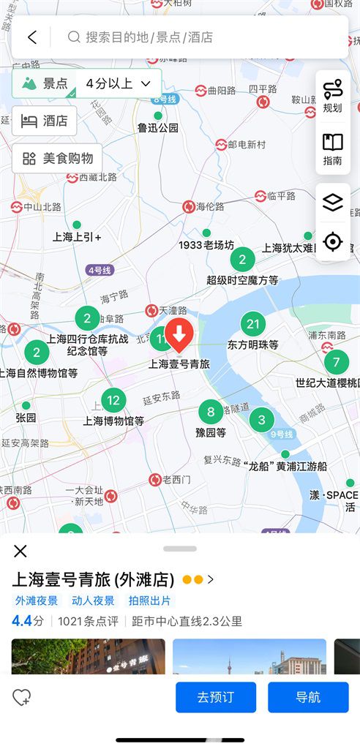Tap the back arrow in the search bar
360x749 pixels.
[x=31, y=37]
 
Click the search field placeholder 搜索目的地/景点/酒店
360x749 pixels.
[x=149, y=37]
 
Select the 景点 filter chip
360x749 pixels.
[x=45, y=83]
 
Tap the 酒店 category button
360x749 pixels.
[x=45, y=121]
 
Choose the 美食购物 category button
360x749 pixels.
[x=57, y=158]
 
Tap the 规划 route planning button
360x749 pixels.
[x=332, y=95]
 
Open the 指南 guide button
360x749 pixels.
[x=332, y=148]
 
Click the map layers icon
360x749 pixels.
[x=332, y=203]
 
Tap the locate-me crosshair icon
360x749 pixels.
[x=332, y=241]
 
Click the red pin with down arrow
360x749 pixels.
[x=179, y=336]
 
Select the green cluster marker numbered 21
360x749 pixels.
[x=253, y=324]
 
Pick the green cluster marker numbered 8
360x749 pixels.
[x=211, y=411]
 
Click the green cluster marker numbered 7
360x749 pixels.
[x=336, y=362]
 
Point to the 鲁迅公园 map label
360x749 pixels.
[x=158, y=127]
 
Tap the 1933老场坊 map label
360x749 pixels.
[x=206, y=245]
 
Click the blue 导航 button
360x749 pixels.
[x=307, y=697]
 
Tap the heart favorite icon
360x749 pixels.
[x=21, y=697]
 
